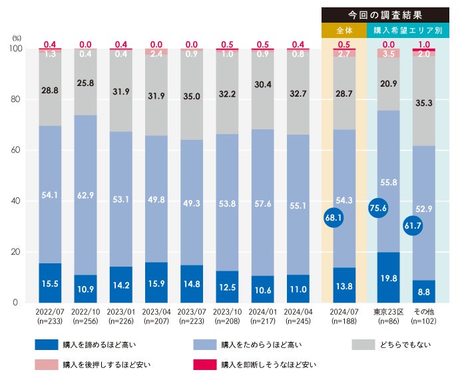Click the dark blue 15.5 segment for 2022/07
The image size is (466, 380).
pos(50,283)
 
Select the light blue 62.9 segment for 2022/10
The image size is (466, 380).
pos(86,195)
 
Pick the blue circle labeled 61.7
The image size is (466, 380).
pos(413,226)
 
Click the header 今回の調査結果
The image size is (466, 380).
pos(385,13)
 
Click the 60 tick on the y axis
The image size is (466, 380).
pos(15,151)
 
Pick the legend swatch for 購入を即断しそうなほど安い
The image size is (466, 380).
pos(206,365)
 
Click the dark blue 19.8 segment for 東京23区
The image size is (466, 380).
pos(388,277)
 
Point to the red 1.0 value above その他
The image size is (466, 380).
pos(424,44)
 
